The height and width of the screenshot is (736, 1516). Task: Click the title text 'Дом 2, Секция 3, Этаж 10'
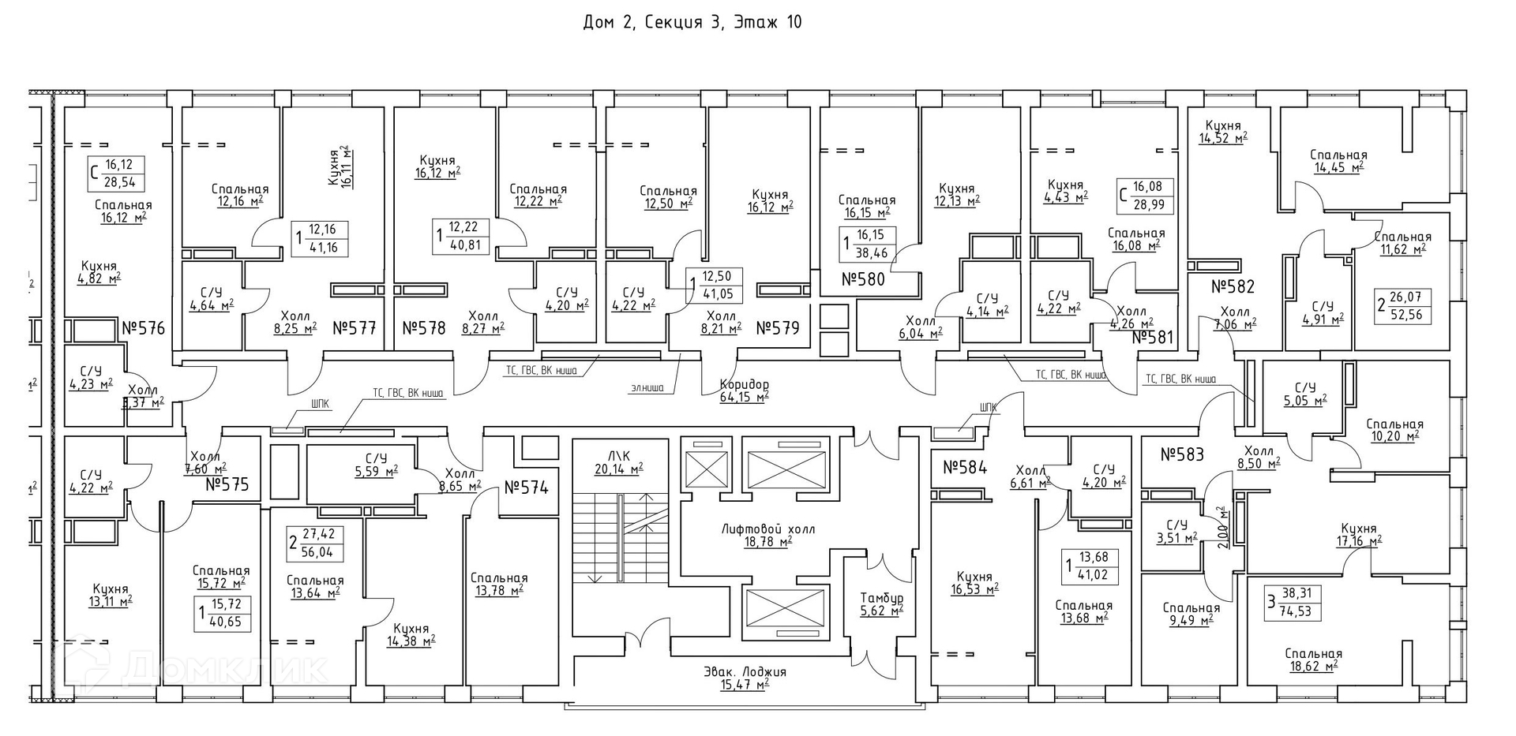[x=692, y=22]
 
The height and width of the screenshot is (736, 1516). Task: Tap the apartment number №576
[x=143, y=327]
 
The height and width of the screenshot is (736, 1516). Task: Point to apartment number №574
[x=526, y=488]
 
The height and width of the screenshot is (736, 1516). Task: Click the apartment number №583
[x=1182, y=454]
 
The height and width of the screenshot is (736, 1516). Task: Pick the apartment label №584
[x=965, y=467]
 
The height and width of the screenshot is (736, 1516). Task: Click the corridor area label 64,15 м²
[x=744, y=398]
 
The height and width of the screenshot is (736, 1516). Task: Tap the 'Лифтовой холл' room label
[x=745, y=529]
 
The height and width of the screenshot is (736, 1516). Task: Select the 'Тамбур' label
[x=881, y=598]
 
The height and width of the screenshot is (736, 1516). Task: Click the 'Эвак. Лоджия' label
[x=745, y=672]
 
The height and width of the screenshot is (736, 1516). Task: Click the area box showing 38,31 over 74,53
[x=1293, y=603]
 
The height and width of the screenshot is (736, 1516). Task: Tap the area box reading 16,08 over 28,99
[x=1146, y=196]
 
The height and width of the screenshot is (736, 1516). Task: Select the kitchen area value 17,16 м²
[x=1357, y=542]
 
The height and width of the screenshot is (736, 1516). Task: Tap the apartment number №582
[x=1233, y=287]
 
